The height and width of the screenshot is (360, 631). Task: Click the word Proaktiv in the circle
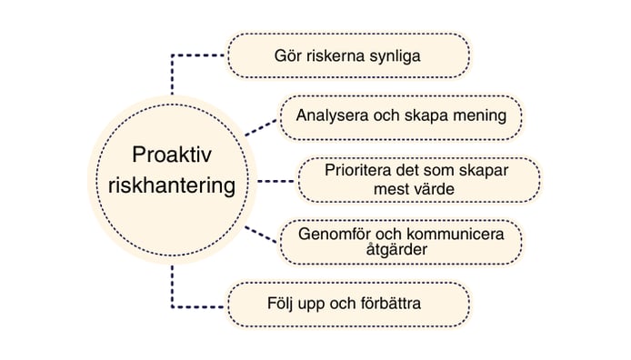coord(170,155)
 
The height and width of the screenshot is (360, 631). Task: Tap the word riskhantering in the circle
coord(170,185)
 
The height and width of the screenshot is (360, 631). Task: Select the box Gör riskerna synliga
coord(348,56)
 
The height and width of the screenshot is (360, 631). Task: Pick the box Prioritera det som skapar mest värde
coord(419,179)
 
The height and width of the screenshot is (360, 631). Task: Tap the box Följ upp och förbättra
coord(348,304)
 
